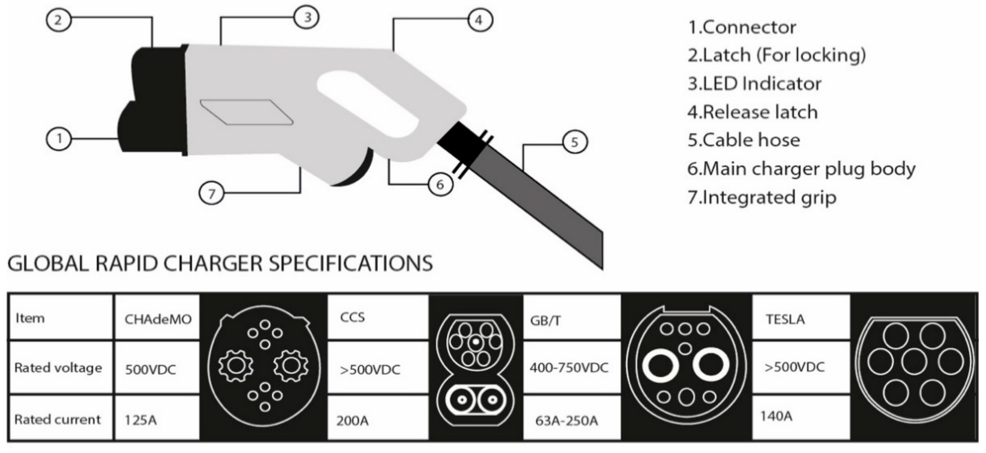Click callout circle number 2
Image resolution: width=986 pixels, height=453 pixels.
click(58, 20)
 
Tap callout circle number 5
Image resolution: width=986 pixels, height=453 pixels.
click(574, 142)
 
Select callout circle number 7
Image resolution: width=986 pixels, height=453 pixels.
click(211, 193)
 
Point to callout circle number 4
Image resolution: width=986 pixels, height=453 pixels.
click(480, 20)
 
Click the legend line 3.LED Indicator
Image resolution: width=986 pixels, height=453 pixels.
click(754, 83)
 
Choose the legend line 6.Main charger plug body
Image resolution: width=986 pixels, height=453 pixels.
click(801, 169)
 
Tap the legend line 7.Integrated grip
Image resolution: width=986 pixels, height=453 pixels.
click(762, 198)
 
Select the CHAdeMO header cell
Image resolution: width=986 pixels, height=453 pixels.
click(157, 318)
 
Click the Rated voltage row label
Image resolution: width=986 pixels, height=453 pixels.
click(58, 368)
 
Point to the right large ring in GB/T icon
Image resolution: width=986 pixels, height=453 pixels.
click(710, 365)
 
